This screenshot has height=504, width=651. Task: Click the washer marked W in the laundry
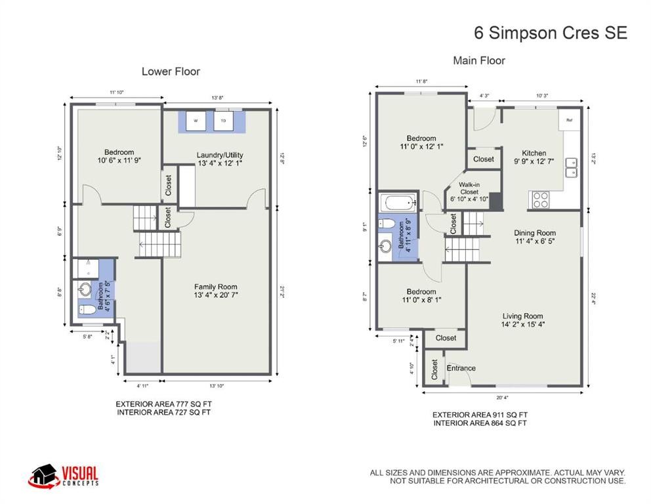(196, 121)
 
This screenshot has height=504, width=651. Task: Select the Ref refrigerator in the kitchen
(569, 120)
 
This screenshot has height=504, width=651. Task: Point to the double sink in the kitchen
(572, 167)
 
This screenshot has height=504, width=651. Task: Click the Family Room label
(215, 291)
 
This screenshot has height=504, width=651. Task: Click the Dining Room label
(535, 237)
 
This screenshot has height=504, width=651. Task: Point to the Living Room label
(523, 320)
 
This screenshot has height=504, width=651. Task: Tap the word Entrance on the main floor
(461, 368)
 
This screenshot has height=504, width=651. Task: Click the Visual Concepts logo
(63, 476)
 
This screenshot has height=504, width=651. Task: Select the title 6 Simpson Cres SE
(550, 33)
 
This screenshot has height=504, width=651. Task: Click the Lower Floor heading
(171, 72)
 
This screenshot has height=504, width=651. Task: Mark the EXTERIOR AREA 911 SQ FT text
(480, 415)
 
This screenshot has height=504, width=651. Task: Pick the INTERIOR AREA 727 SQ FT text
(164, 412)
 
